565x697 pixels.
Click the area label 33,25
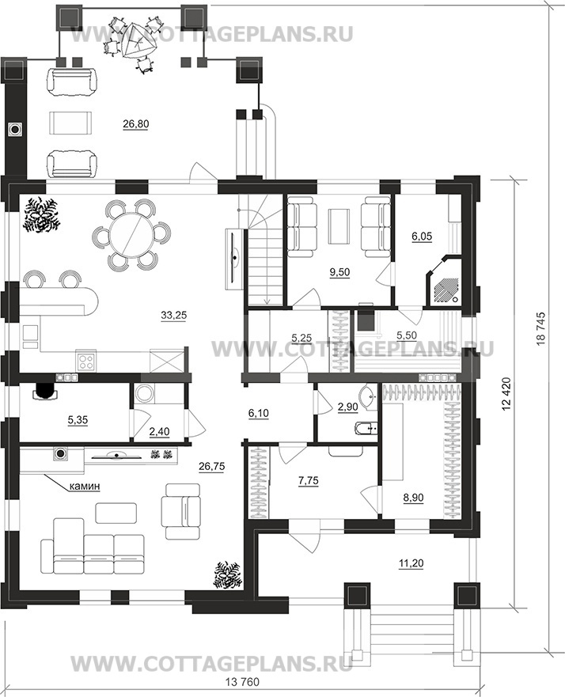coord(174,316)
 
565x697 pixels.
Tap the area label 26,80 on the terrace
coord(136,124)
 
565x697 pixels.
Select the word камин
coord(85,487)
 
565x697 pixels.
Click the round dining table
coord(130,235)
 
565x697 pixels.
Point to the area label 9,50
coord(339,272)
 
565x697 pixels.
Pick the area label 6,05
coord(422,237)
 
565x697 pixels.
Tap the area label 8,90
coord(412,498)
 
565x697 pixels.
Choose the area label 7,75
coord(308,480)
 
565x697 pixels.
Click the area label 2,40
coord(160,430)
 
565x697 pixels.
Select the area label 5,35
coord(78,419)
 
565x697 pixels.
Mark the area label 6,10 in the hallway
coord(258,413)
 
